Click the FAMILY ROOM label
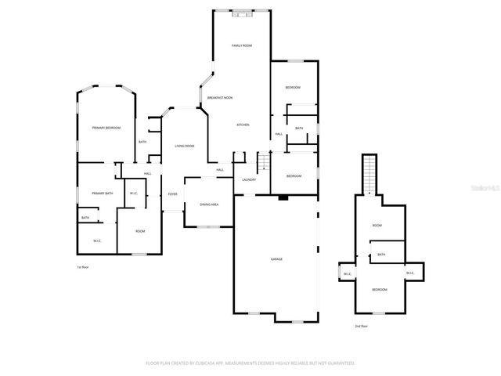pyautogui.click(x=241, y=46)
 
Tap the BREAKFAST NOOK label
pyautogui.click(x=219, y=97)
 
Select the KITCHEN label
pyautogui.click(x=243, y=125)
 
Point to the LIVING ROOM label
pyautogui.click(x=185, y=146)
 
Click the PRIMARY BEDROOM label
pyautogui.click(x=106, y=128)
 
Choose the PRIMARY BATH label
pyautogui.click(x=103, y=193)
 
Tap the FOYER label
pyautogui.click(x=172, y=194)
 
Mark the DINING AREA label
pyautogui.click(x=209, y=204)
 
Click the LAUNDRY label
pyautogui.click(x=249, y=180)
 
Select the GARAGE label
pyautogui.click(x=276, y=258)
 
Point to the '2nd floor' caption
pyautogui.click(x=361, y=326)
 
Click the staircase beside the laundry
pyautogui.click(x=264, y=161)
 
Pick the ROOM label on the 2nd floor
pyautogui.click(x=377, y=226)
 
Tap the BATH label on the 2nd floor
pyautogui.click(x=381, y=255)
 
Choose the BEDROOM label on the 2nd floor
pyautogui.click(x=379, y=290)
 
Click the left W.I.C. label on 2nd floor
pyautogui.click(x=347, y=274)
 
